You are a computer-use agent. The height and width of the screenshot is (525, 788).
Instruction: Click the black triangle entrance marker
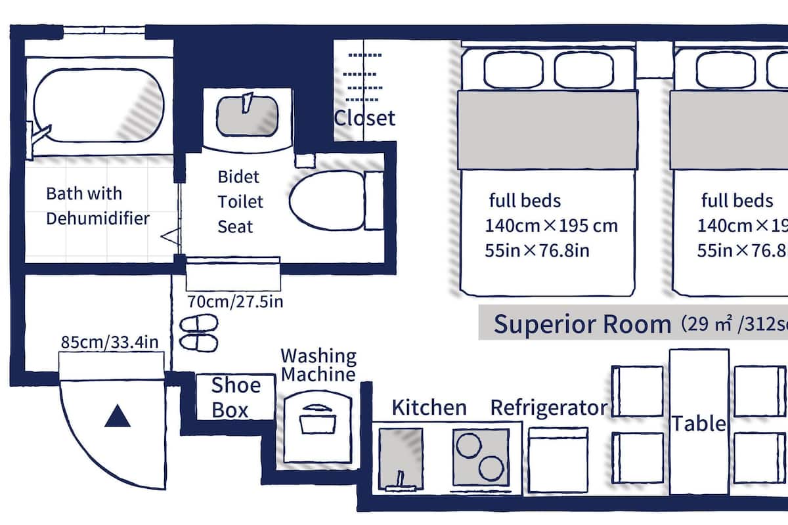(118, 417)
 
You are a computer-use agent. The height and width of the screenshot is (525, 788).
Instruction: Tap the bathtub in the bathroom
(98, 104)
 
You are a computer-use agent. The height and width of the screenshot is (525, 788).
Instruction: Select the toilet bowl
(326, 200)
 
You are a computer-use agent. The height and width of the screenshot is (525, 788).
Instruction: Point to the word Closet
(364, 118)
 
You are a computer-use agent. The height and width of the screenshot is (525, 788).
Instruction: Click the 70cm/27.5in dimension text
(235, 303)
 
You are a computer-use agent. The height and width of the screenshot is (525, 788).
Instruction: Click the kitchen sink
(401, 459)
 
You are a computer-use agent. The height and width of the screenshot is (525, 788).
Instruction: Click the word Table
(698, 423)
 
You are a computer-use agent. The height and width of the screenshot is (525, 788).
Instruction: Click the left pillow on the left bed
(514, 70)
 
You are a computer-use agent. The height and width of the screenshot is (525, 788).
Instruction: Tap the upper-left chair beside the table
(638, 390)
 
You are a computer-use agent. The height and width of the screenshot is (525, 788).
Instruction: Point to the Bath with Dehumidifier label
(97, 205)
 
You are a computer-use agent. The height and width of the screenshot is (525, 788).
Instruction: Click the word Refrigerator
(549, 408)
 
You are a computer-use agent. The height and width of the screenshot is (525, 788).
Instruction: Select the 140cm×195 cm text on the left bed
(551, 225)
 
